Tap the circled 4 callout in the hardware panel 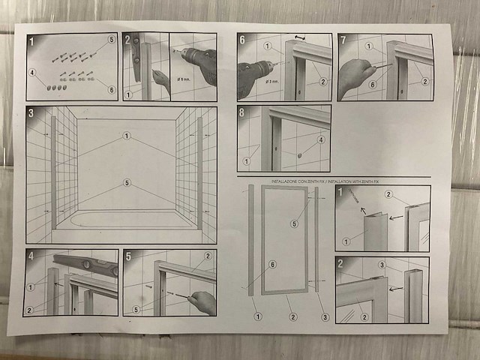33,73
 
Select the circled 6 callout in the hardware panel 112,89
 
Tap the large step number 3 31,114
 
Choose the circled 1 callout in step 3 127,136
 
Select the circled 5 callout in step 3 127,182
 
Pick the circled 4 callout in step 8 321,139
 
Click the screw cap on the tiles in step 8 298,155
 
